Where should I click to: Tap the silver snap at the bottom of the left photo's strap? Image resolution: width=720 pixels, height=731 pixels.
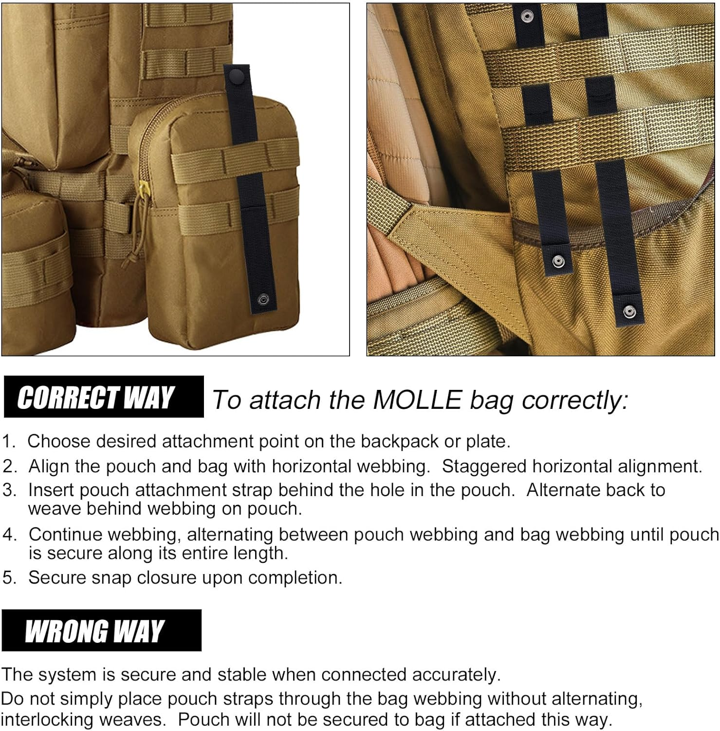pos(263,298)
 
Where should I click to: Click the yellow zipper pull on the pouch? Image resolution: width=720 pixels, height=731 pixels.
pos(143,186)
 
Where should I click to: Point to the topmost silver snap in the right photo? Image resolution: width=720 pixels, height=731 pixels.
pos(525,17)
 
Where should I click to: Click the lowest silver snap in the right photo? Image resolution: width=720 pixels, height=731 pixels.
pos(629,310)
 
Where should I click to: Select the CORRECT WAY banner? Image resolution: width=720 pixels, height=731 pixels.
pos(103,397)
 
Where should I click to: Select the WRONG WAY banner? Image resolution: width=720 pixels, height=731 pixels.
pos(101,630)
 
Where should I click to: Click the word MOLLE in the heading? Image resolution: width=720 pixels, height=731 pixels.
pos(417,400)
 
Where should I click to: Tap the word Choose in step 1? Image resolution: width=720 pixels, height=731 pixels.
pos(59,441)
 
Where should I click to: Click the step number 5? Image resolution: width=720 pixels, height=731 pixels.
pos(9,577)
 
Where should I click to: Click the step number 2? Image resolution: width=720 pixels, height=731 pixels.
pos(9,466)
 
